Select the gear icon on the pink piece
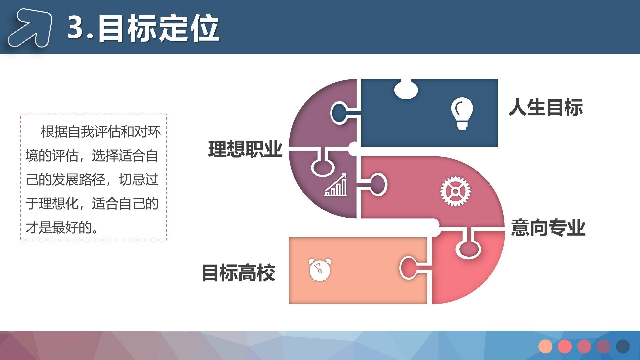click(455, 191)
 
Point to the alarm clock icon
click(320, 269)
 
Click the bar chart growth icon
click(336, 185)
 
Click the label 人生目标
click(546, 107)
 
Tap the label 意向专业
click(548, 228)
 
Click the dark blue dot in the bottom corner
click(623, 346)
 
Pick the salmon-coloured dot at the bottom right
click(545, 346)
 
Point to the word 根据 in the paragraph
click(54, 132)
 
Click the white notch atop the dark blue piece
click(406, 89)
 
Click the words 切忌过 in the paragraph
click(139, 180)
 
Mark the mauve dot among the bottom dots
click(604, 346)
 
